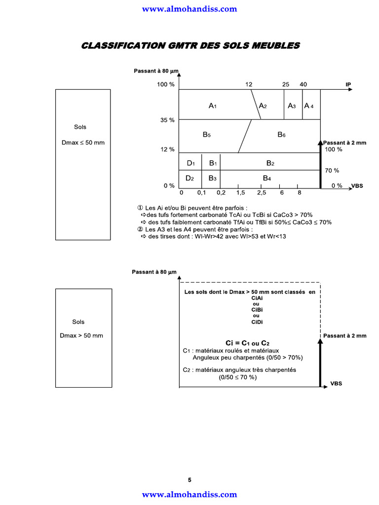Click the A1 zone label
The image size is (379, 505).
pyautogui.click(x=212, y=106)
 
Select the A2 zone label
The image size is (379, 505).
pyautogui.click(x=263, y=106)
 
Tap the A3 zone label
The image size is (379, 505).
pyautogui.click(x=292, y=106)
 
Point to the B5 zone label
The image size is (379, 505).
pyautogui.click(x=207, y=135)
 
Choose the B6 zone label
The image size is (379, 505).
pyautogui.click(x=281, y=135)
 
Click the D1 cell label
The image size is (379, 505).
pyautogui.click(x=191, y=163)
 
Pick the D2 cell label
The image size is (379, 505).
pyautogui.click(x=189, y=178)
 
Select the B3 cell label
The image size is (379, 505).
pyautogui.click(x=212, y=178)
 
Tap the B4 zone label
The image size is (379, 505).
pyautogui.click(x=267, y=178)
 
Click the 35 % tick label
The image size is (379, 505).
pyautogui.click(x=168, y=120)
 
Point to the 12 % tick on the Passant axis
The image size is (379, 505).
pyautogui.click(x=168, y=149)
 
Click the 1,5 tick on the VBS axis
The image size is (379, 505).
pyautogui.click(x=240, y=193)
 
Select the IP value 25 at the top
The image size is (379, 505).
pyautogui.click(x=286, y=84)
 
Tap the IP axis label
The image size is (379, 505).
pyautogui.click(x=348, y=84)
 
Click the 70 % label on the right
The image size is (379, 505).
pyautogui.click(x=332, y=170)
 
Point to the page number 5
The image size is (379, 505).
pyautogui.click(x=189, y=480)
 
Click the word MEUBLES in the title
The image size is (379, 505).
pyautogui.click(x=276, y=46)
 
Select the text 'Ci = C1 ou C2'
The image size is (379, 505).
pyautogui.click(x=248, y=343)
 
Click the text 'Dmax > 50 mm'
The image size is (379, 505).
pyautogui.click(x=81, y=335)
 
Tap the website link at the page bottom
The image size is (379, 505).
pyautogui.click(x=189, y=494)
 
